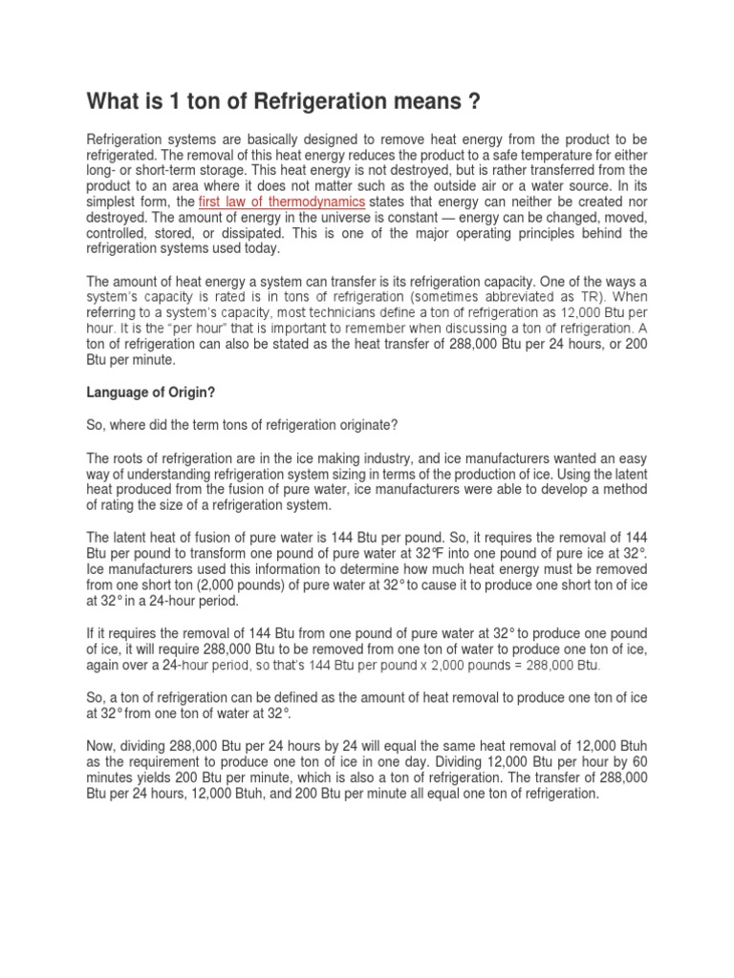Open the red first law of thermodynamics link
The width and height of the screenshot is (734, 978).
[281, 202]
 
